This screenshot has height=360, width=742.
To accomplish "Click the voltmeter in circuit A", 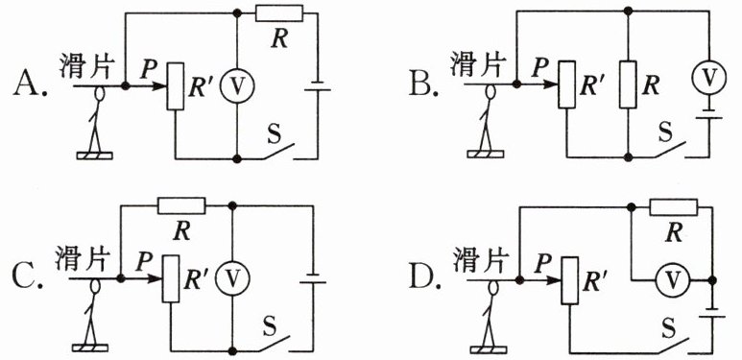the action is pyautogui.click(x=237, y=84).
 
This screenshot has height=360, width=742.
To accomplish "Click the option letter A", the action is pyautogui.click(x=30, y=84).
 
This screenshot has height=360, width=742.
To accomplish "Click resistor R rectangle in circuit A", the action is pyautogui.click(x=278, y=13).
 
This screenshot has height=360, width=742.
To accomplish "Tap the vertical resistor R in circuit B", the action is pyautogui.click(x=628, y=85).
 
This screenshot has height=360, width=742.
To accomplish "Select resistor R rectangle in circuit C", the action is pyautogui.click(x=181, y=205).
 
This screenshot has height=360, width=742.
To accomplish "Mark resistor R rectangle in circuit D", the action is pyautogui.click(x=674, y=207).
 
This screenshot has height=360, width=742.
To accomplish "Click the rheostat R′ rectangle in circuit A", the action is pyautogui.click(x=175, y=86).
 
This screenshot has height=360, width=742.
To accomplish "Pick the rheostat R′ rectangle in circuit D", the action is pyautogui.click(x=570, y=280).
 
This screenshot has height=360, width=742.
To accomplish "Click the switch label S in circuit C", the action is pyautogui.click(x=269, y=326).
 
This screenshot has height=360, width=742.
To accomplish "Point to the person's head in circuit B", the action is pyautogui.click(x=491, y=91).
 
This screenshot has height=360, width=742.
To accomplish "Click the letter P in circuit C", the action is pyautogui.click(x=142, y=263).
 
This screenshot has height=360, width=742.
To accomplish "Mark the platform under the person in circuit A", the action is pyautogui.click(x=95, y=156).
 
